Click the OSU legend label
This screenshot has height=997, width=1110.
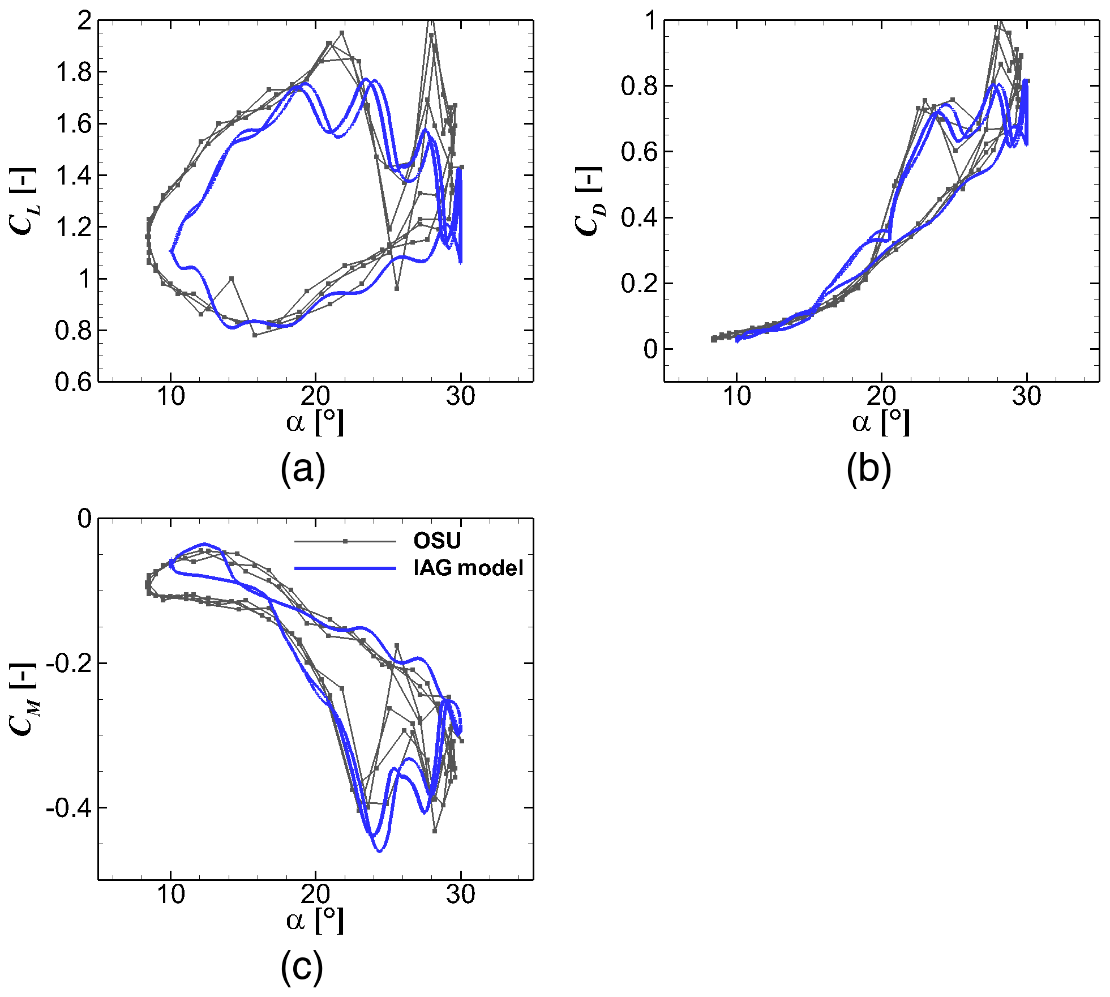437,540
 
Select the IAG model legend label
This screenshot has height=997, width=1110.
468,567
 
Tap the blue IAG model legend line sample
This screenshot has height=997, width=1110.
345,568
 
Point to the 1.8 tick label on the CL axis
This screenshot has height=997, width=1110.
74,72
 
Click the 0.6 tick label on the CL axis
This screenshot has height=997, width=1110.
74,382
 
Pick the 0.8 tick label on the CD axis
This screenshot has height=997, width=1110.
639,86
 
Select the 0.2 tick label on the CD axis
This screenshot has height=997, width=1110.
639,284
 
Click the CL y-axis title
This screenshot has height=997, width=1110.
23,201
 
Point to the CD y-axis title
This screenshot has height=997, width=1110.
589,201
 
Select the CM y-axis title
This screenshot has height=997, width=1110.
23,699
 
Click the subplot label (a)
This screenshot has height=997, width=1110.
303,468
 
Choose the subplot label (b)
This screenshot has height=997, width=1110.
869,468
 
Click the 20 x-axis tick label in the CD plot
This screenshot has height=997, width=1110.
881,396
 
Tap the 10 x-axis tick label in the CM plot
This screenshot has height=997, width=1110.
170,895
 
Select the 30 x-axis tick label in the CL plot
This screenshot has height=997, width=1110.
461,396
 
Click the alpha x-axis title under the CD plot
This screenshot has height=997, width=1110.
881,422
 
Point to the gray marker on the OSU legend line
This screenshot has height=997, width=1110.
345,541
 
